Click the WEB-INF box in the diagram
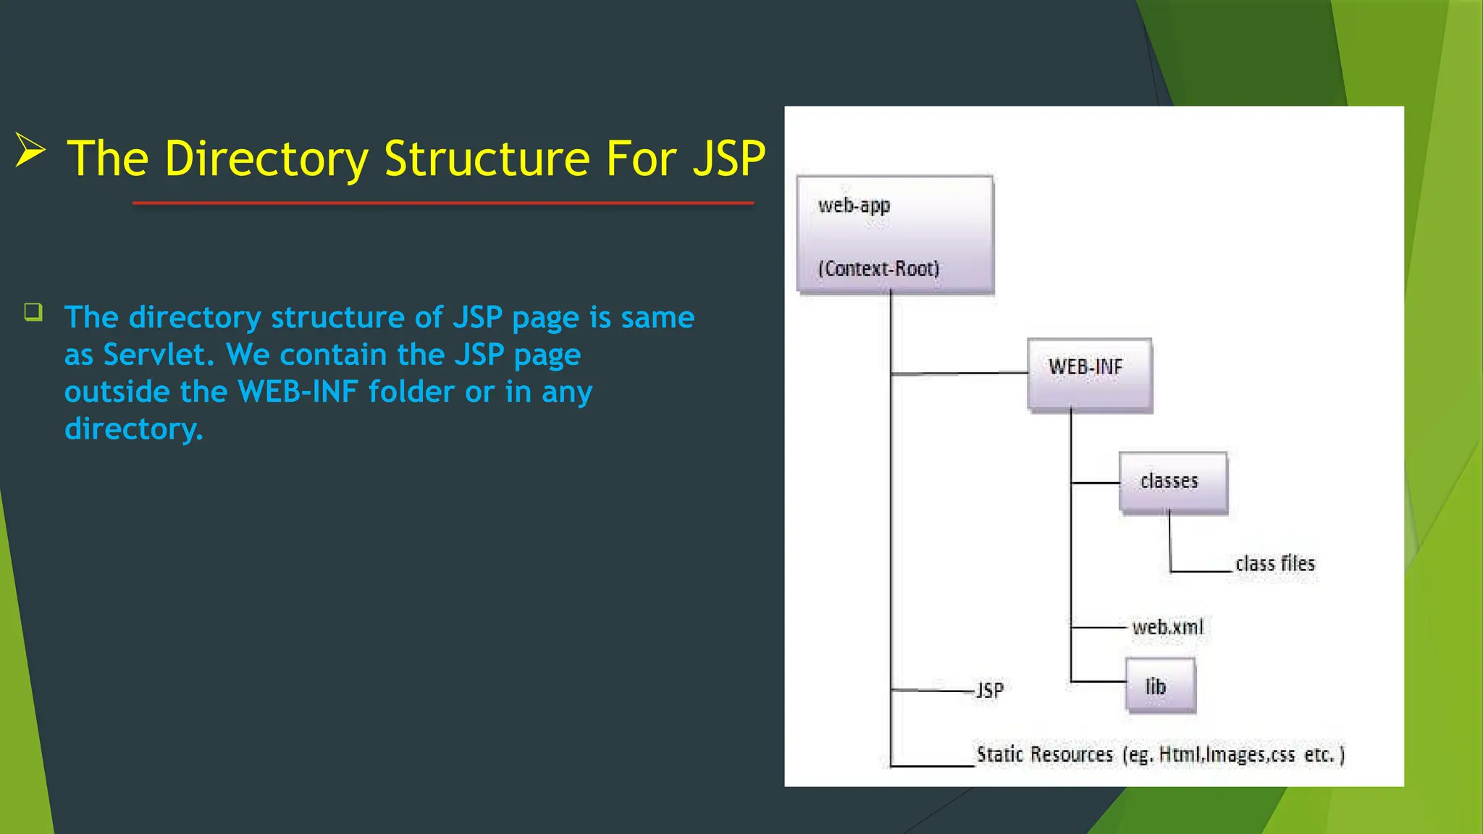coord(1089,374)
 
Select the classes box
coord(1172,482)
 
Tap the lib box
coord(1160,685)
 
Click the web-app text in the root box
coord(854,206)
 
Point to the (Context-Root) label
coord(878,269)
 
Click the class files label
coord(1274,564)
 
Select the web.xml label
coord(1167,627)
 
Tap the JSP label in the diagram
coord(990,690)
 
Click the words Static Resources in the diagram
coord(1044,754)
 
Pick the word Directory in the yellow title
coord(266,159)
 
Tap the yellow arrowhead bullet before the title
coord(30,151)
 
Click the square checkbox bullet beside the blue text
coord(33,312)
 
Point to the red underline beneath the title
coord(443,203)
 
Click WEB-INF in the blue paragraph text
coord(298,392)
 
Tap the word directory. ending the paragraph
coord(133,429)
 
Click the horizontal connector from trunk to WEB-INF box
coord(959,374)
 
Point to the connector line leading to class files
coord(1201,571)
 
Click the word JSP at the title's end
coord(728,159)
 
